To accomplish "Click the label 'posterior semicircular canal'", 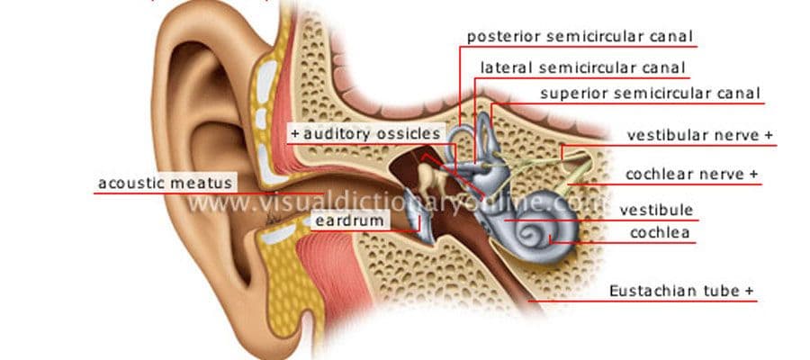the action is pyautogui.click(x=580, y=37).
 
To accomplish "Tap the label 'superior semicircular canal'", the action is pyautogui.click(x=651, y=94).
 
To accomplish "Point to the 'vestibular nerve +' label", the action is pyautogui.click(x=700, y=135).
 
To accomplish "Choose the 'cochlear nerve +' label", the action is pyautogui.click(x=692, y=174).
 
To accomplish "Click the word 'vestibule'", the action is pyautogui.click(x=656, y=211).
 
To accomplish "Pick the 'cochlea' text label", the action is pyautogui.click(x=660, y=233).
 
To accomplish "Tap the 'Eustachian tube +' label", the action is pyautogui.click(x=681, y=291).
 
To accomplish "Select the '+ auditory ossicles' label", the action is pyautogui.click(x=365, y=134).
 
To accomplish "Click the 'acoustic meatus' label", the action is pyautogui.click(x=165, y=183).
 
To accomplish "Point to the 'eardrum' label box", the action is pyautogui.click(x=350, y=221).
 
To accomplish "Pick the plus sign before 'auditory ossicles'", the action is pyautogui.click(x=295, y=134).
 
